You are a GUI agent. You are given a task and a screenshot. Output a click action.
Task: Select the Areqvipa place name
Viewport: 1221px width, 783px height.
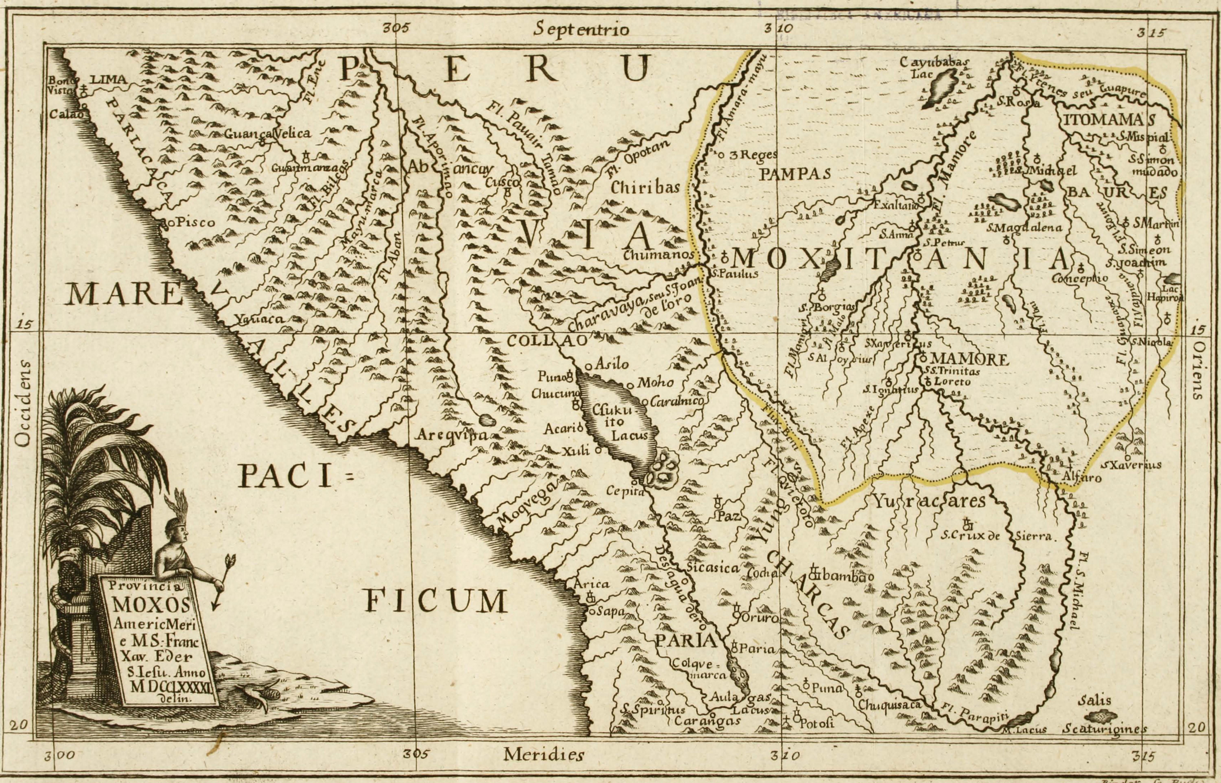[452, 435]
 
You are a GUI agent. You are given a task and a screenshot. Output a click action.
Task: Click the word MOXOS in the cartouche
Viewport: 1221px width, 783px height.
[151, 604]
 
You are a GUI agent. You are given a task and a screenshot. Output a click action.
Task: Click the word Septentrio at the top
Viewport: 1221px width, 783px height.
[581, 29]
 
